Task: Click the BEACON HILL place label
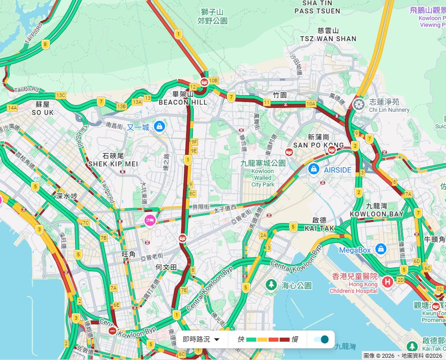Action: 183,102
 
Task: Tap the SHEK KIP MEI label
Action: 113,164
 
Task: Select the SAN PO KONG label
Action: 319,145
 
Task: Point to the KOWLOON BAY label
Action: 377,214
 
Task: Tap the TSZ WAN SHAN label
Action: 328,39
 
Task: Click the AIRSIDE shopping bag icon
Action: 314,169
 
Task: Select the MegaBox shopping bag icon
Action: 381,249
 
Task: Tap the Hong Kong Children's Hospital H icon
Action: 388,282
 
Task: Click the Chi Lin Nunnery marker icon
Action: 359,105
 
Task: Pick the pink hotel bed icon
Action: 149,220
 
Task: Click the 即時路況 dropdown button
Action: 201,339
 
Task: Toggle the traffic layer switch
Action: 321,339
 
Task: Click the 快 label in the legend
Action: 241,339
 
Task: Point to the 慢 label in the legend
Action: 295,339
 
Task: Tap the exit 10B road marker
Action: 213,80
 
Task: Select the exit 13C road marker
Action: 60,95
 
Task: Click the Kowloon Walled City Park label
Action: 263,171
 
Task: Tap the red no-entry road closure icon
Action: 112,331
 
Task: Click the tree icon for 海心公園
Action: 271,284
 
